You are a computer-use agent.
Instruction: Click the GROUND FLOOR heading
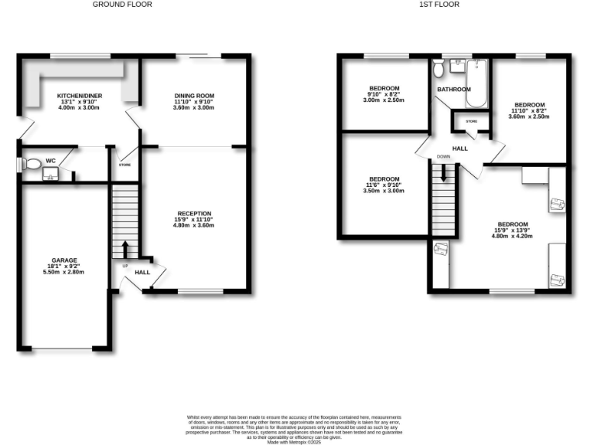(122, 5)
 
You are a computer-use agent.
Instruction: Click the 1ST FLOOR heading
(439, 5)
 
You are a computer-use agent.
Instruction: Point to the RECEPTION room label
(194, 213)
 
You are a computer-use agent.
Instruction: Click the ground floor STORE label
(125, 165)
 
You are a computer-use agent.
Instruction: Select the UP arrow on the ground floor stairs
(125, 250)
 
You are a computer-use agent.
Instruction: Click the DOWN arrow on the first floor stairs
(443, 174)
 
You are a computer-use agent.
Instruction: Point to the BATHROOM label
(453, 90)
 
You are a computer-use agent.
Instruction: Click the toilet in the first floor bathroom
(439, 70)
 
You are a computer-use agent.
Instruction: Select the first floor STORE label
(471, 121)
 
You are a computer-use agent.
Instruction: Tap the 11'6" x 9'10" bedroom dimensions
(384, 185)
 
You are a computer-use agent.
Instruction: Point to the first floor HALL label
(460, 148)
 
